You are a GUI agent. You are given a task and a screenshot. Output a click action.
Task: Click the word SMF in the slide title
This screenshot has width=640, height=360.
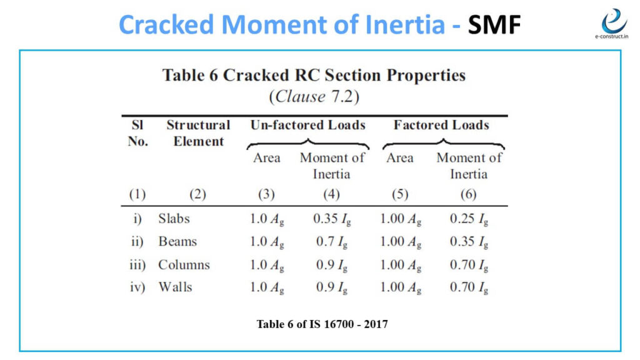coord(494,24)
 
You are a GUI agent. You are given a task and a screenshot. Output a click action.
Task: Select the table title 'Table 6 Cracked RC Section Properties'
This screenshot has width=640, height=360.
coord(314,76)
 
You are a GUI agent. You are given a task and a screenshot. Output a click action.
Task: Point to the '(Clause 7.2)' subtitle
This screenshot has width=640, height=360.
coord(314,97)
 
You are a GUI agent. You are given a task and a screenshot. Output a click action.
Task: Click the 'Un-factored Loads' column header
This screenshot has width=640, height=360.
coord(307,125)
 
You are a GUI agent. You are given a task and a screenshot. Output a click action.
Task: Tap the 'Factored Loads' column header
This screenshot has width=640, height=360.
coord(441,125)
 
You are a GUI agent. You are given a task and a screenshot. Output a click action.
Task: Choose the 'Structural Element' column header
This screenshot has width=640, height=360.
coord(198,133)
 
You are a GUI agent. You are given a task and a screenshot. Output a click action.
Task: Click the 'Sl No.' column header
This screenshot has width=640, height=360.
coord(137,133)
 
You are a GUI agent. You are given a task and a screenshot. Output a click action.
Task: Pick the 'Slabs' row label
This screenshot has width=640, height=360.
coord(174,219)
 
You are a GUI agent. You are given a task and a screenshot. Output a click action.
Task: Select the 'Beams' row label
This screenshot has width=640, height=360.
coord(177,242)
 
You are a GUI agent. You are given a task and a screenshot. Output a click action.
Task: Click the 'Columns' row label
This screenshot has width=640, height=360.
coord(184,264)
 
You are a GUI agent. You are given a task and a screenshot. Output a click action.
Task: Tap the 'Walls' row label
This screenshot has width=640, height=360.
coord(175,287)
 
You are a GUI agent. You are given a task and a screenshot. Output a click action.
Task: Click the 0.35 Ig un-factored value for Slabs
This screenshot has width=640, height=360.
coord(331,219)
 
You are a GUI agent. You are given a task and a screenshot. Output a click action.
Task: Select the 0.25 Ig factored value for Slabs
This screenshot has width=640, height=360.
coord(469,219)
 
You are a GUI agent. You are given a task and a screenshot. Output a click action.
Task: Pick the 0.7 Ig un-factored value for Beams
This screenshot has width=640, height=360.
coord(331,242)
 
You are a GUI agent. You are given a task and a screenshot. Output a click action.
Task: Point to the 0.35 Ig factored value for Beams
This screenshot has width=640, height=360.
coord(469,242)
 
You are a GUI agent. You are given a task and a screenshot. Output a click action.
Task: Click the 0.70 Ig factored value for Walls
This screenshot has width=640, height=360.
coord(469,287)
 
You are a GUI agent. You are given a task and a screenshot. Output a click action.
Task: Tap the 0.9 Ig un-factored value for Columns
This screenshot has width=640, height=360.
coord(331,265)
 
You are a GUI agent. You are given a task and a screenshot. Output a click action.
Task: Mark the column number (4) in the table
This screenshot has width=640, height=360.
coord(331,194)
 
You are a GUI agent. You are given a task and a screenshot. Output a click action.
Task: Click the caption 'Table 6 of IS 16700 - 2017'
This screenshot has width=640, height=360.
coord(322,324)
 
